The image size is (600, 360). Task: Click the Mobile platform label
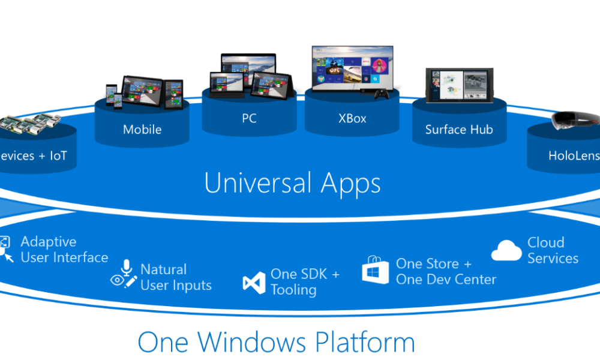click(142, 129)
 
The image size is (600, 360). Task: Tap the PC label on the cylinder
click(249, 118)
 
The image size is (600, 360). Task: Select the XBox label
click(352, 118)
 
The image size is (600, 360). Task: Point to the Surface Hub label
click(459, 129)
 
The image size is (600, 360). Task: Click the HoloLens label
click(574, 156)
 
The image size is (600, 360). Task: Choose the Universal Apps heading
click(292, 182)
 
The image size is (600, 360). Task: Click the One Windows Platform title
click(276, 342)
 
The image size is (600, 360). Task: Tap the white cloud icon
click(506, 251)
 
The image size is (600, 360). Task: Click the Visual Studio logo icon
click(254, 283)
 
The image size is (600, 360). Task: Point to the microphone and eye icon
click(124, 274)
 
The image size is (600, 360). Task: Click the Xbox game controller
click(381, 94)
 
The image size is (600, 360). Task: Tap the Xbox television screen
click(352, 68)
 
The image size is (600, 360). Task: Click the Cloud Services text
click(553, 251)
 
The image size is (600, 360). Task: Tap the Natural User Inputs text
click(175, 277)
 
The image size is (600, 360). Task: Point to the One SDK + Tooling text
click(305, 281)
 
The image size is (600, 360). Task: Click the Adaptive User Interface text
click(64, 250)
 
